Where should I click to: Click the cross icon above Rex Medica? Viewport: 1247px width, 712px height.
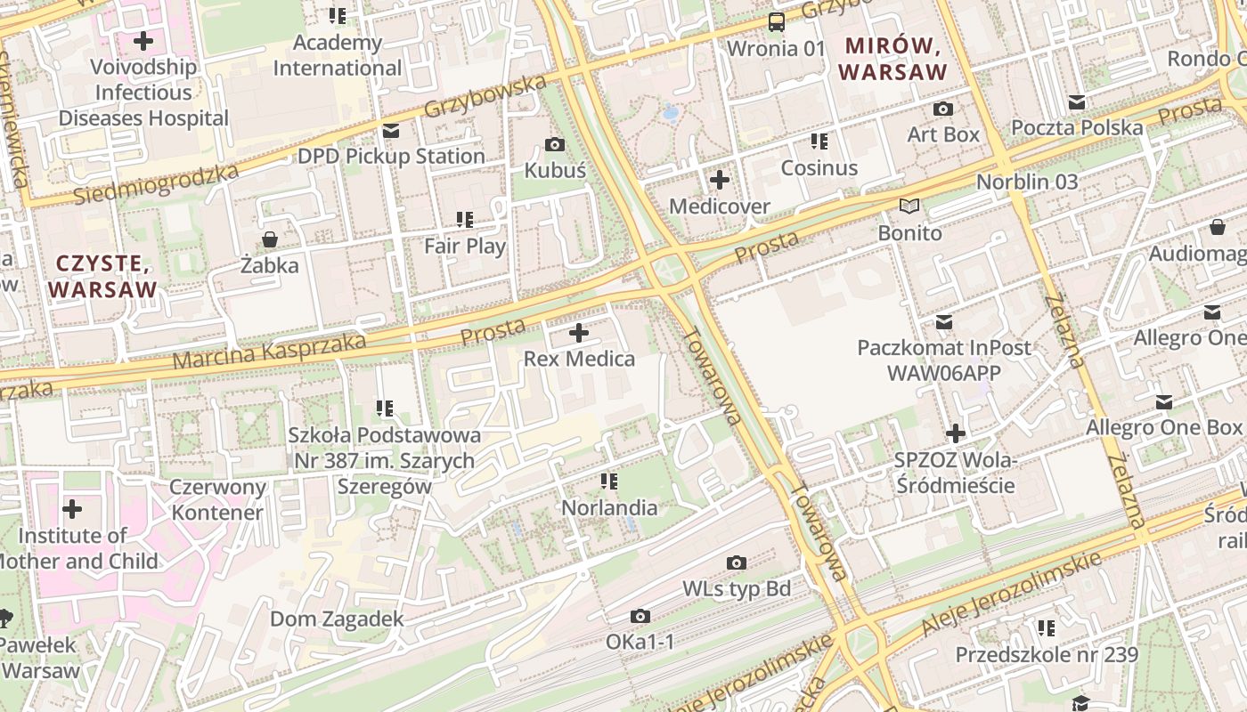coord(579,334)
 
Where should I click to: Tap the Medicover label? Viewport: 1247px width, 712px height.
coord(719,206)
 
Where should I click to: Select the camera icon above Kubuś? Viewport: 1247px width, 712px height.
coord(554,144)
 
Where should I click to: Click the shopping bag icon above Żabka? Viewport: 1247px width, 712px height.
coord(269,239)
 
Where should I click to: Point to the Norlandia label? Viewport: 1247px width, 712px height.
coord(609,508)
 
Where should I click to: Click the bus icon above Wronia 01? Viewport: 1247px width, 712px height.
coord(777,22)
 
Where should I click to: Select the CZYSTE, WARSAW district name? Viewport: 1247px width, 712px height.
coord(102,276)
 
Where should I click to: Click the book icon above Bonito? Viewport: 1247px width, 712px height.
coord(909,206)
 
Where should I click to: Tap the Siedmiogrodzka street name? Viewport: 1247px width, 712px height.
coord(156,184)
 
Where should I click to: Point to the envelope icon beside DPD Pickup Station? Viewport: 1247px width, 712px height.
coord(390,131)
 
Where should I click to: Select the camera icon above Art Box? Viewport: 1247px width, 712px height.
coord(942,109)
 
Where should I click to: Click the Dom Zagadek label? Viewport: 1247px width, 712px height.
coord(337,619)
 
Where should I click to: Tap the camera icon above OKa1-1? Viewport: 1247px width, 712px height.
coord(640,616)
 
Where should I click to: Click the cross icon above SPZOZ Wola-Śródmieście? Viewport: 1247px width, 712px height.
coord(955,434)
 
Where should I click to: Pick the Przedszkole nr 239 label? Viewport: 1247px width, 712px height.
coord(1047,655)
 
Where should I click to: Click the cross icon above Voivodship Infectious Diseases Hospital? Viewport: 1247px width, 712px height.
coord(143,41)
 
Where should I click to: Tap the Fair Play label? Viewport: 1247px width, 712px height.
coord(464,246)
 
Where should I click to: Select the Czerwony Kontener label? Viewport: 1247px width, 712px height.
coord(218,499)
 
